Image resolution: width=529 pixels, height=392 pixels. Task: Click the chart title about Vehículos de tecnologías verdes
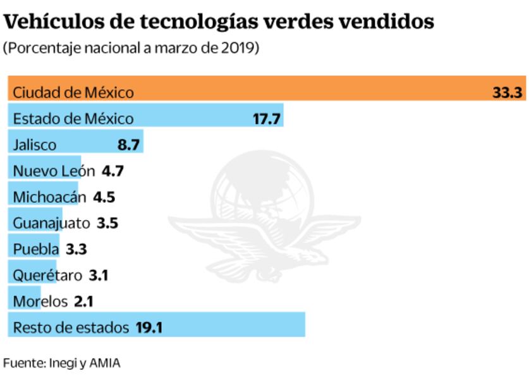pos(219,21)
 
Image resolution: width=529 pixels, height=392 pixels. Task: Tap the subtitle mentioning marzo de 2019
pos(131,49)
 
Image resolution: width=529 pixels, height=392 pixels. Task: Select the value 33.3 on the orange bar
pos(507,92)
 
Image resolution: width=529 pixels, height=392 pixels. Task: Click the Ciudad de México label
pos(73,92)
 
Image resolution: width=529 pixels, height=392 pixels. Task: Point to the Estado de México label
pos(73,118)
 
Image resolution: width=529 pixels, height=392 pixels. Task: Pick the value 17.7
pos(266,118)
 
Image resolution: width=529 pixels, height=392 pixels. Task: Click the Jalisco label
pos(35,145)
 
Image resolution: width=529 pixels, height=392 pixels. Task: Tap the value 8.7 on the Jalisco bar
pos(128,145)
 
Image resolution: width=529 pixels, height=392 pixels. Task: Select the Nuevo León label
pos(54,171)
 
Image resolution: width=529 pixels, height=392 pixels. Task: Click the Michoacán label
pos(49,197)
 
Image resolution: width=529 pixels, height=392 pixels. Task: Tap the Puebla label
pos(35,249)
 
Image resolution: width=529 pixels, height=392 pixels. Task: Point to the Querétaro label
pos(47,276)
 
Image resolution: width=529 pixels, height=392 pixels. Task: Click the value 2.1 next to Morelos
pos(83,302)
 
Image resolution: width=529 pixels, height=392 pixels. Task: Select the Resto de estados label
pos(70,328)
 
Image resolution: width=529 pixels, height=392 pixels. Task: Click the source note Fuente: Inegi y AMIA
pos(61,364)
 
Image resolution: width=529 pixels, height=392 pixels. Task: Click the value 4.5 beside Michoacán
pos(104,197)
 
